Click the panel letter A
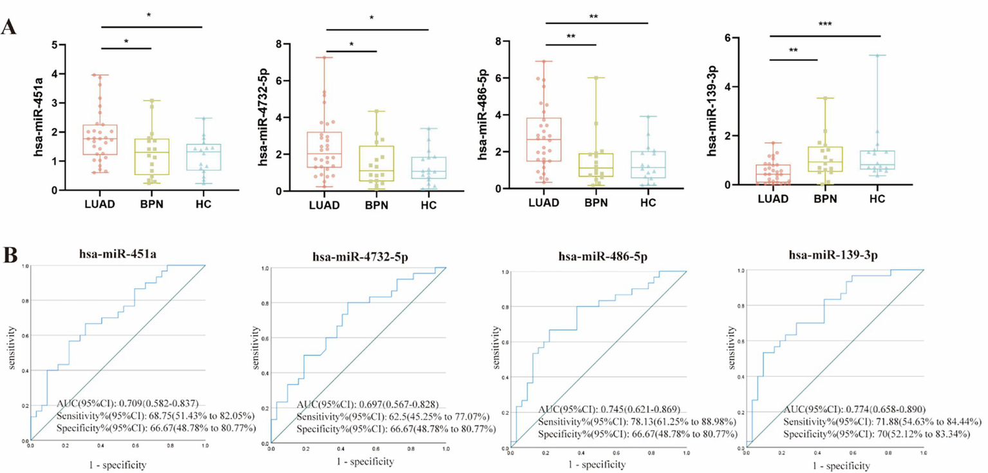point(8,28)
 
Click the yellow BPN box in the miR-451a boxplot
point(151,157)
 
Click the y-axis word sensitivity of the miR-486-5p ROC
point(496,345)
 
